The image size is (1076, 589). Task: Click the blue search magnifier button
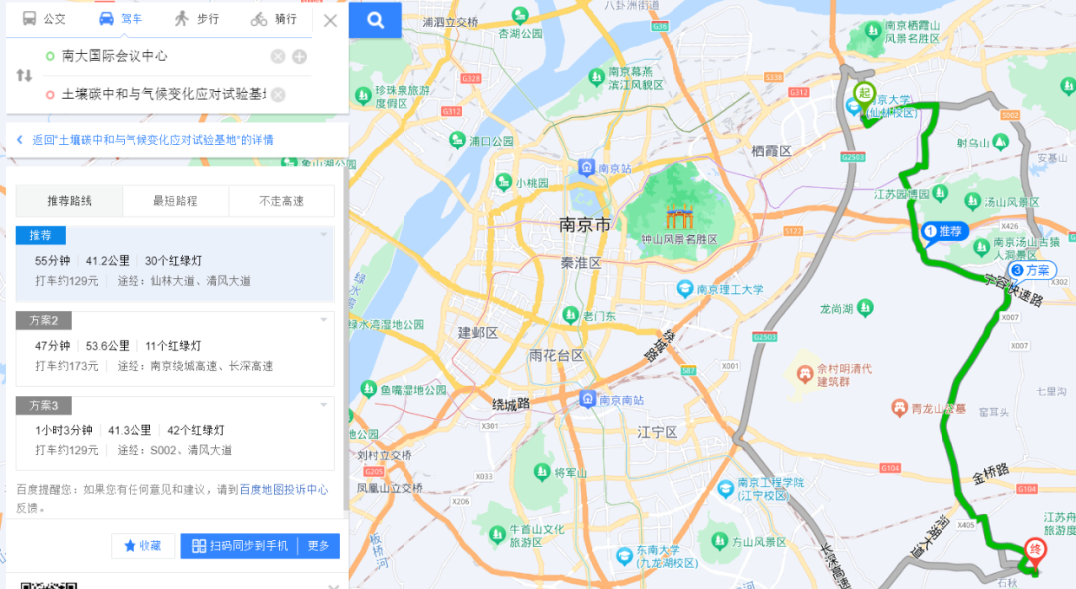tap(375, 20)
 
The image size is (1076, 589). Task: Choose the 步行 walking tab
tap(195, 19)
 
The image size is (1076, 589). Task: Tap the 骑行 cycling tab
tap(273, 19)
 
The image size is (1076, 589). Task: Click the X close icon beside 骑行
tap(331, 20)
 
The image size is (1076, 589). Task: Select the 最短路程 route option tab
tap(175, 201)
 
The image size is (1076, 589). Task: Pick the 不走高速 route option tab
tap(281, 201)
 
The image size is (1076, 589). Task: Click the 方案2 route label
tap(43, 320)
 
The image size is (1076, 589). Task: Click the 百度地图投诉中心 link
tap(283, 489)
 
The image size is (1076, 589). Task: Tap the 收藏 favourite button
tap(142, 546)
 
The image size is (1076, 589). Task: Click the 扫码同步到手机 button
tap(239, 546)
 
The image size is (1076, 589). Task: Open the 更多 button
tap(318, 546)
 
